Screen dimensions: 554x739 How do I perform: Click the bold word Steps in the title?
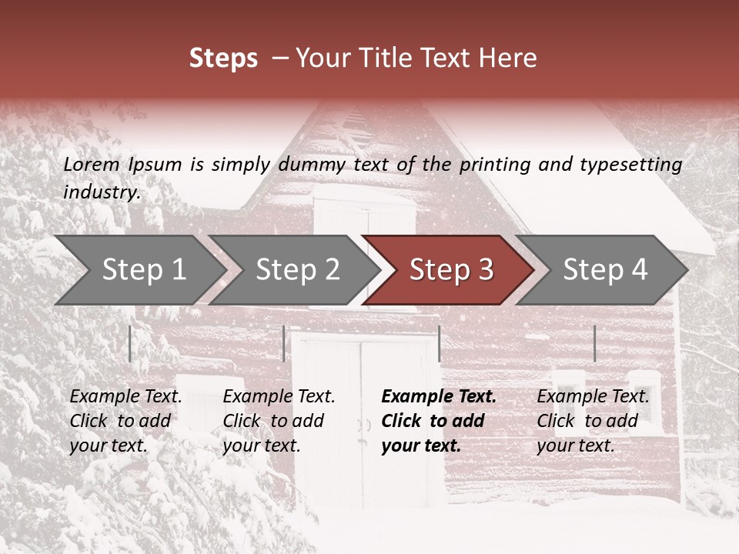[223, 58]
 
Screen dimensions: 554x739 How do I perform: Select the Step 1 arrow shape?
[142, 269]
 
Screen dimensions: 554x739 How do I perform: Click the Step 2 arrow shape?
[297, 269]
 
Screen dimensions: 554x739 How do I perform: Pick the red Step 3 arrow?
[451, 269]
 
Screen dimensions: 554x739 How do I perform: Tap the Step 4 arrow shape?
[605, 269]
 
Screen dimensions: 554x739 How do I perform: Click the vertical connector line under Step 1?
[130, 343]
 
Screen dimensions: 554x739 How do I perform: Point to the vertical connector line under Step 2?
[284, 343]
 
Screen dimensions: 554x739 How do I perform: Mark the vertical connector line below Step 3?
[440, 343]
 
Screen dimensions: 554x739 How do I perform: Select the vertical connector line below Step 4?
[595, 343]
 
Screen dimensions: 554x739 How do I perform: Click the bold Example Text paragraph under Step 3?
[439, 421]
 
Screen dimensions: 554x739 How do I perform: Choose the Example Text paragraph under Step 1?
[125, 421]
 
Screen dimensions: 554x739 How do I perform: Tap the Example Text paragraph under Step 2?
[279, 421]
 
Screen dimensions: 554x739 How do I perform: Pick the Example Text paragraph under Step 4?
[593, 421]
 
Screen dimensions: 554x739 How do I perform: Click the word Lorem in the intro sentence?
[92, 165]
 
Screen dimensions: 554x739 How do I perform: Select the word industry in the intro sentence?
[102, 192]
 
